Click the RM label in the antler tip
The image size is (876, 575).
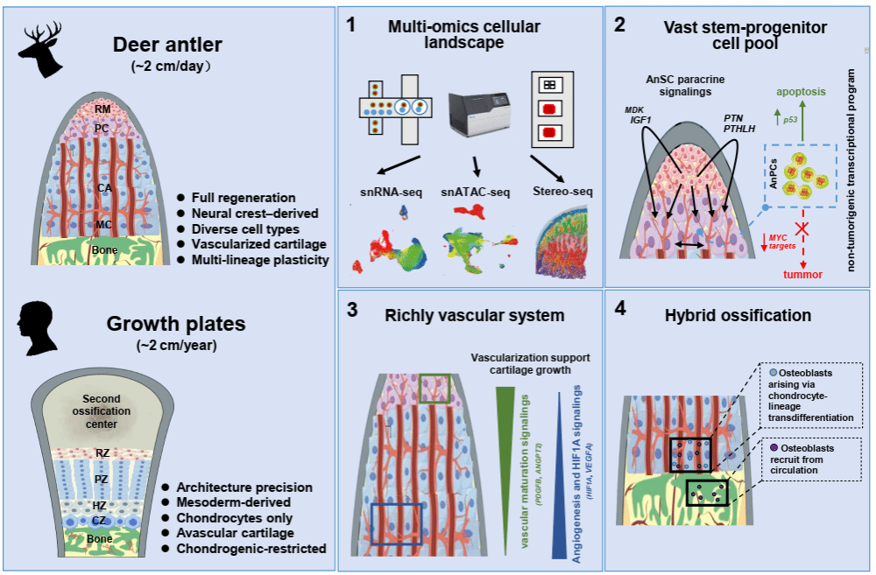[x=102, y=109]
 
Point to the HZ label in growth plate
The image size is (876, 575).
[x=101, y=507]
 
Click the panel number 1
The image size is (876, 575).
[x=350, y=25]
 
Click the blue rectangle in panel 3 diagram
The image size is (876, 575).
[x=397, y=523]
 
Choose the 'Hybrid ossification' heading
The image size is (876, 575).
[x=738, y=314]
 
